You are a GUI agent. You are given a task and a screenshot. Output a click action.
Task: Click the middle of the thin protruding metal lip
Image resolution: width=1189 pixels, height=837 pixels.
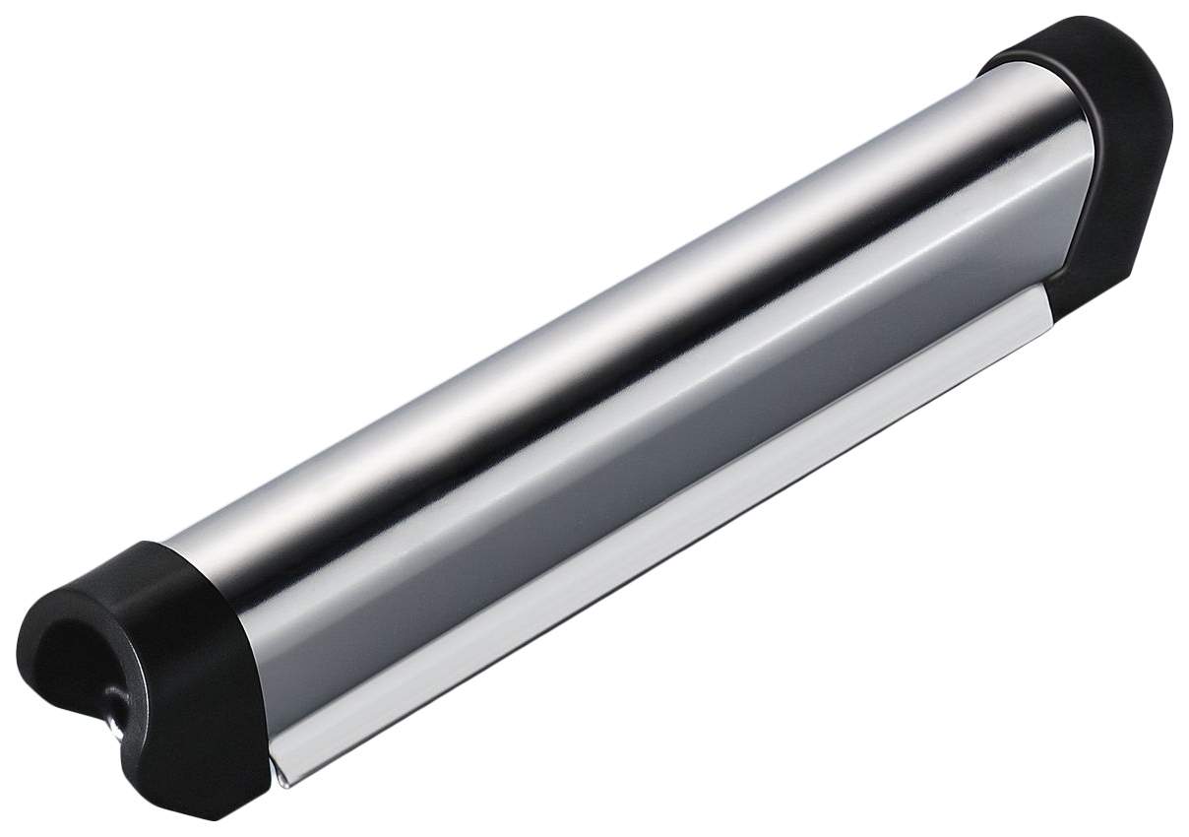pyautogui.click(x=659, y=542)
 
